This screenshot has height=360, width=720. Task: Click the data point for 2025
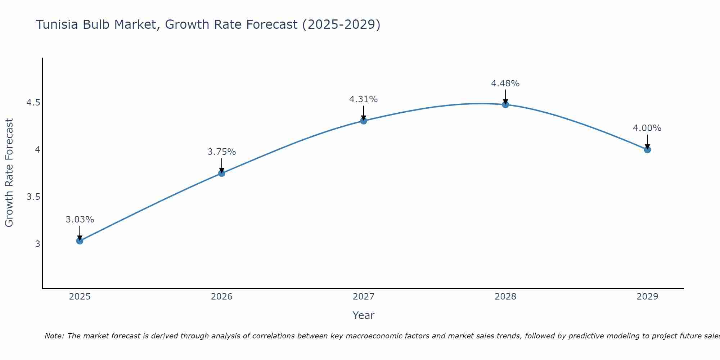[80, 241]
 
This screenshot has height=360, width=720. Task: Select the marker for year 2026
[221, 173]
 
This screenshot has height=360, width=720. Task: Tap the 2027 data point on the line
[364, 121]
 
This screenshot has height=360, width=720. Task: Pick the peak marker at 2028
[505, 105]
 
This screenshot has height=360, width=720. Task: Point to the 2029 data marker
[647, 149]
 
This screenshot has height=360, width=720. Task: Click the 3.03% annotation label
[80, 219]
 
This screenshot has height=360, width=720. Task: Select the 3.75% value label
[221, 152]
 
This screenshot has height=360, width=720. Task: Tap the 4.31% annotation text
[363, 99]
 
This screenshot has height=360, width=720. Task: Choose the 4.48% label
[505, 83]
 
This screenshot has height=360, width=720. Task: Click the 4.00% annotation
[647, 128]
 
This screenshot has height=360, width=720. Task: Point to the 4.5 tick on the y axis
[33, 103]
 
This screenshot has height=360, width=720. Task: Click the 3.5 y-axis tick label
[33, 197]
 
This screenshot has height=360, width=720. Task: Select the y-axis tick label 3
[37, 244]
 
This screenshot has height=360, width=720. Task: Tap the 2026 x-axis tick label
[221, 296]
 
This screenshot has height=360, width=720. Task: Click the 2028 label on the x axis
[505, 296]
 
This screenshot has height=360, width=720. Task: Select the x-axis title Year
[363, 315]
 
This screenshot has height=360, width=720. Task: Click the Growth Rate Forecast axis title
[9, 172]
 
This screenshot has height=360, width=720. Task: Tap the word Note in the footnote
[54, 336]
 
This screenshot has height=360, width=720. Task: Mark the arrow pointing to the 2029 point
[647, 142]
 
